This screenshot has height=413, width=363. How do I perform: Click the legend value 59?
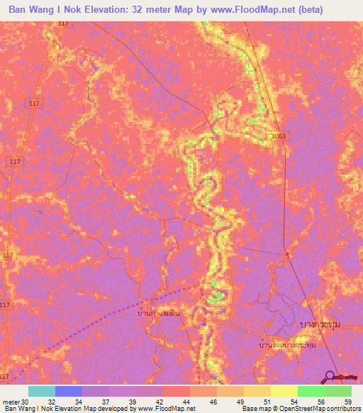click(x=347, y=401)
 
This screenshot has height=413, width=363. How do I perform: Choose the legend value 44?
click(x=174, y=401)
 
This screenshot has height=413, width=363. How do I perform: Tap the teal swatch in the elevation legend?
click(x=42, y=391)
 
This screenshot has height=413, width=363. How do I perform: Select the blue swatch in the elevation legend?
click(x=69, y=391)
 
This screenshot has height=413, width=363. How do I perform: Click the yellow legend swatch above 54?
click(x=284, y=391)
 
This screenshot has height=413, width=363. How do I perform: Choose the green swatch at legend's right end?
click(x=338, y=391)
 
